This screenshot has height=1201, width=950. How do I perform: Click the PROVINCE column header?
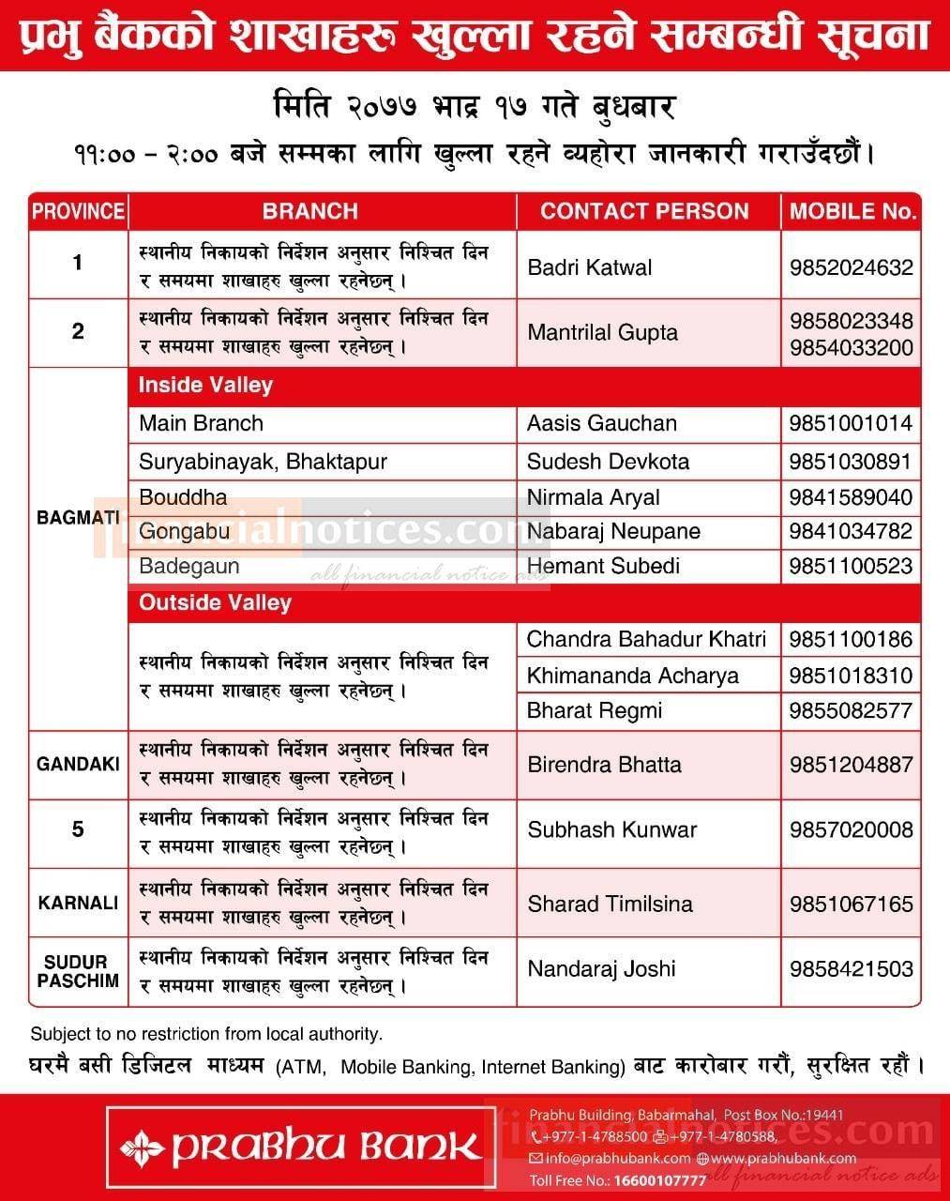78,211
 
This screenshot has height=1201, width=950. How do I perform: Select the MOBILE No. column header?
852,211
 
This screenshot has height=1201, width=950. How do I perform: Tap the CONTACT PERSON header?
644,211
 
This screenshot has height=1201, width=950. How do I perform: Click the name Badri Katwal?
589,267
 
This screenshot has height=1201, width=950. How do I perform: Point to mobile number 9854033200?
851,348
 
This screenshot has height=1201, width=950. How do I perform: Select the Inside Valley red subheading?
205,385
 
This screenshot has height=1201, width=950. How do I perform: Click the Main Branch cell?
201,423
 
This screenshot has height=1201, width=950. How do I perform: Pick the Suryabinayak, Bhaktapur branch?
263,462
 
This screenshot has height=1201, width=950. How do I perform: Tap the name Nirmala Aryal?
593,497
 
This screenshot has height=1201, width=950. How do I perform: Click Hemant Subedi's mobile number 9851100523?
851,566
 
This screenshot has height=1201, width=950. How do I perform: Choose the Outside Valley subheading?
215,602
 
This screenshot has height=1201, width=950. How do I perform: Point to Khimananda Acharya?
632,676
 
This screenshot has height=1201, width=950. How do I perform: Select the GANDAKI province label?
78,765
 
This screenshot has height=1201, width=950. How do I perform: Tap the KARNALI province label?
78,904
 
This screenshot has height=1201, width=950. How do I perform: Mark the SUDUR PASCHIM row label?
78,971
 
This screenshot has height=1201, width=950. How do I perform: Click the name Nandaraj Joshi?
601,969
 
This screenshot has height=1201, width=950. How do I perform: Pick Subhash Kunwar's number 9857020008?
851,830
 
